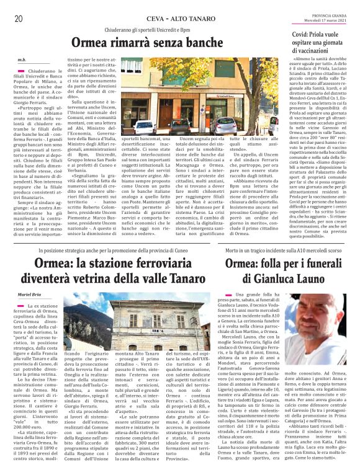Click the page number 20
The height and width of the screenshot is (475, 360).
click(x=18, y=19)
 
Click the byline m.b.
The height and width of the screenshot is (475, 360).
click(x=22, y=60)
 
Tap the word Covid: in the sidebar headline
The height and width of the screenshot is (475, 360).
click(x=305, y=35)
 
